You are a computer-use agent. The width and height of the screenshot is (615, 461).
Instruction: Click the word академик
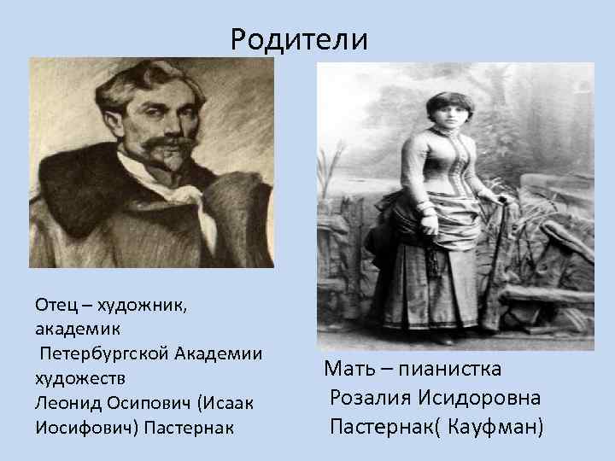(x=73, y=329)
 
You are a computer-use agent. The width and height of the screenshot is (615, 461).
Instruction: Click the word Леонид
(x=65, y=400)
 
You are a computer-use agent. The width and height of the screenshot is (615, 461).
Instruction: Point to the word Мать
(x=348, y=370)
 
